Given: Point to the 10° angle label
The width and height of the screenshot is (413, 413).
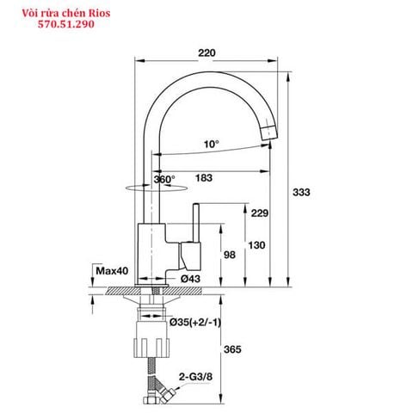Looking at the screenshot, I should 211,144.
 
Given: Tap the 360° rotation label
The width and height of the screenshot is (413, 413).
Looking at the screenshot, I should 163,179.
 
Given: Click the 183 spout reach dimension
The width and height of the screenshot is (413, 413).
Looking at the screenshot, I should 205,179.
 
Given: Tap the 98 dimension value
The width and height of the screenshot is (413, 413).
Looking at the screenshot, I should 230,256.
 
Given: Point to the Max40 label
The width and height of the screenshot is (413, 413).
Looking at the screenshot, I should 112,271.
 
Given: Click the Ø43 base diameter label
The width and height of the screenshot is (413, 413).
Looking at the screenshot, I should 190,279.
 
